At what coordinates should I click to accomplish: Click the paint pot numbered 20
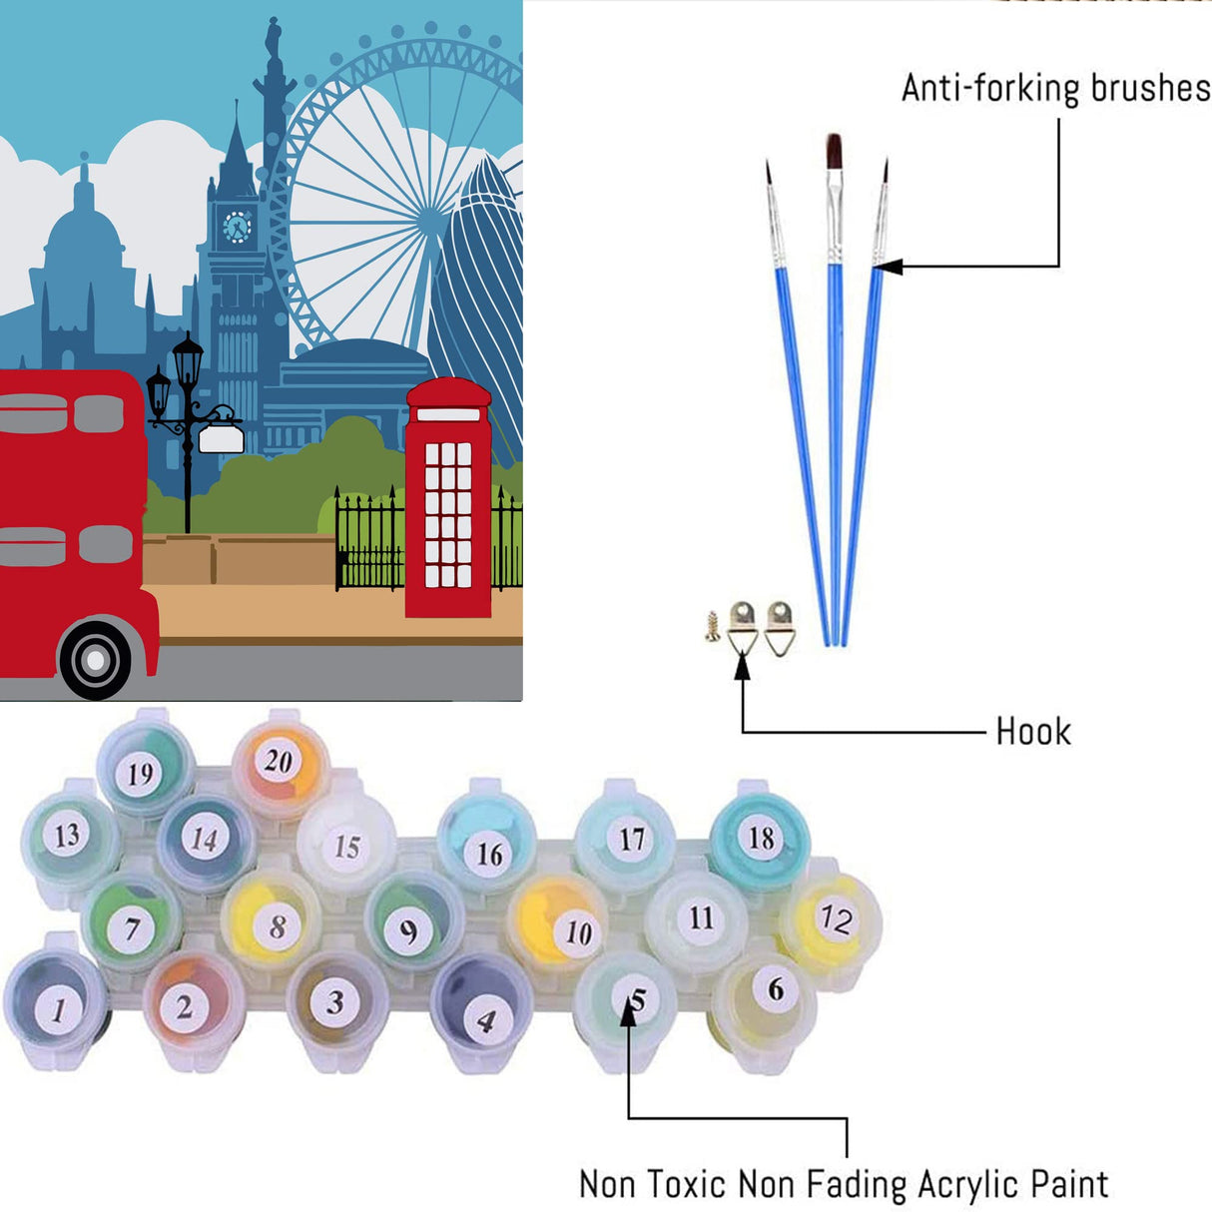[279, 762]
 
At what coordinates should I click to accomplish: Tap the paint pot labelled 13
[67, 834]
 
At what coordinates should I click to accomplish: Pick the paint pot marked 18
[762, 837]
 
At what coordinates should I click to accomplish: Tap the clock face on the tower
[237, 227]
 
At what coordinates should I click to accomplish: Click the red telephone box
[448, 499]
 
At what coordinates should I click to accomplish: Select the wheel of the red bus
[95, 659]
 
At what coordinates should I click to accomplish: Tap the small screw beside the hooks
[712, 626]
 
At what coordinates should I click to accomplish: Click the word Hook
[1032, 732]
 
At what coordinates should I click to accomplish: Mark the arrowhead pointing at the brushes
[888, 267]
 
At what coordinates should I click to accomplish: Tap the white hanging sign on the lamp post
[221, 438]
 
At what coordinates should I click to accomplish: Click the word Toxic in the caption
[686, 1184]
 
